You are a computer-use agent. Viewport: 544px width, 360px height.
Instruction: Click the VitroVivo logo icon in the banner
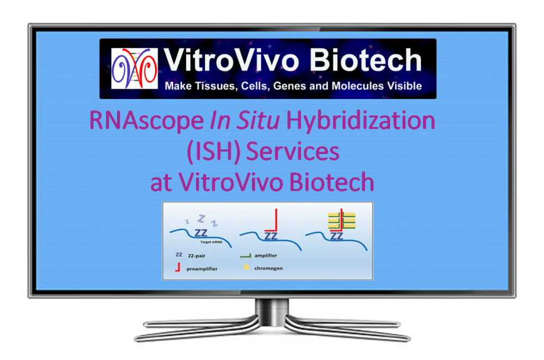pos(134,69)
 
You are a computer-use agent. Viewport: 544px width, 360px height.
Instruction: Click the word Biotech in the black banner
pos(366,60)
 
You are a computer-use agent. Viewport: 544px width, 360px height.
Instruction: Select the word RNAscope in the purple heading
pos(146,121)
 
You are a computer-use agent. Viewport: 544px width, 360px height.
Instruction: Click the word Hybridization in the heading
pos(361,121)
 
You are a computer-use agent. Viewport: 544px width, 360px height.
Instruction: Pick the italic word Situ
pos(258,120)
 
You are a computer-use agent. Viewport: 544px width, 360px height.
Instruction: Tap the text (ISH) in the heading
pos(213,152)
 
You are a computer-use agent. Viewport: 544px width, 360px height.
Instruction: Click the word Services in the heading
pos(293,152)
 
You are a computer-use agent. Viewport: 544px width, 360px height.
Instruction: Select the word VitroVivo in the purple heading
pos(231,182)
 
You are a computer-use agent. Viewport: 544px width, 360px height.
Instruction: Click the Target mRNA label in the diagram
pos(211,242)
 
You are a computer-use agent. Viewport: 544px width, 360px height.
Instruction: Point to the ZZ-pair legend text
pos(197,256)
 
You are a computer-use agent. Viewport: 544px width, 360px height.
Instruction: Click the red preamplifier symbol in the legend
pos(178,267)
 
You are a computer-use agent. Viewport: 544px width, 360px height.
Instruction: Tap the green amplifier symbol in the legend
pos(246,256)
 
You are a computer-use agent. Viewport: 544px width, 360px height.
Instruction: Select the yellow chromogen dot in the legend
pos(246,268)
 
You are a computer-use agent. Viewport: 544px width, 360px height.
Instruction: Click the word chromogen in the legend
pos(269,268)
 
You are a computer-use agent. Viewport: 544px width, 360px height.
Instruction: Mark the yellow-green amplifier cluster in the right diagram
pos(342,221)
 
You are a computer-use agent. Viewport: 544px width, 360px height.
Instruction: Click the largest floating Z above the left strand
pos(201,219)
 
